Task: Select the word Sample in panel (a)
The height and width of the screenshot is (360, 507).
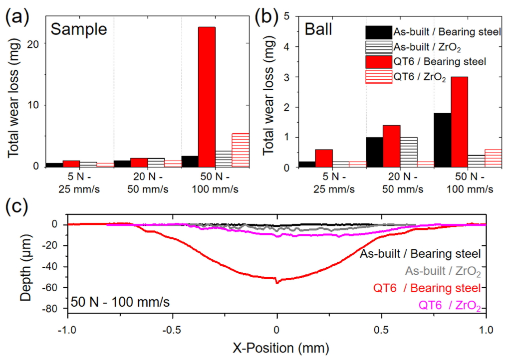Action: point(79,29)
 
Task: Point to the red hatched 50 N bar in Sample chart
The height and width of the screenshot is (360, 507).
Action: point(241,150)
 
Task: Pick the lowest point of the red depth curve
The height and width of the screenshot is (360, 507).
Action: point(277,283)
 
